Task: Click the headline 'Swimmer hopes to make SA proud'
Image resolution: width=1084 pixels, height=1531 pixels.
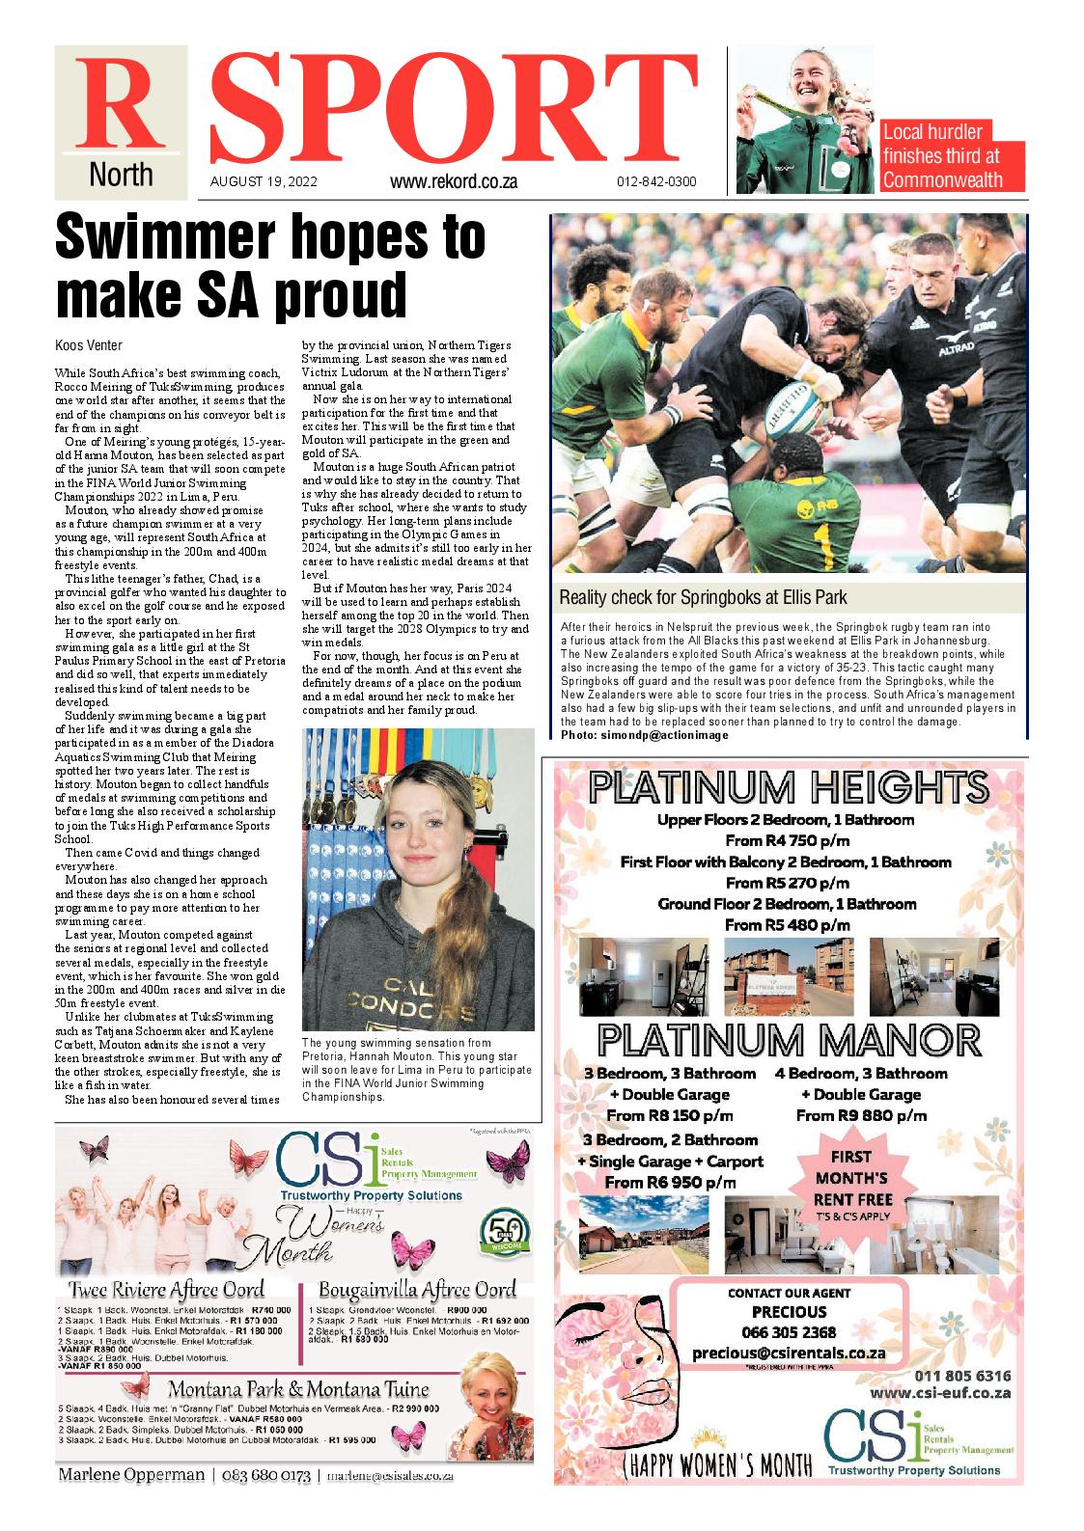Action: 270,267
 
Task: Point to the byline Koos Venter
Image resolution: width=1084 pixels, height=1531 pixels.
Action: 89,345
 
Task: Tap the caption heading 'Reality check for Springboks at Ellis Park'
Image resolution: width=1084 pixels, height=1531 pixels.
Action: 703,596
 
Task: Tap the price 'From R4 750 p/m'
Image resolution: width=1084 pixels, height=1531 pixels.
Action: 788,840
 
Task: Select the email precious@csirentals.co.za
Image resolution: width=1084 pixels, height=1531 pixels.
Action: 789,1353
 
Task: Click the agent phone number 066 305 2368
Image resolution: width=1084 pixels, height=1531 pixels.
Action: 790,1332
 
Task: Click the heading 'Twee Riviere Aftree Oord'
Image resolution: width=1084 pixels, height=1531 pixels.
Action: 166,1290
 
